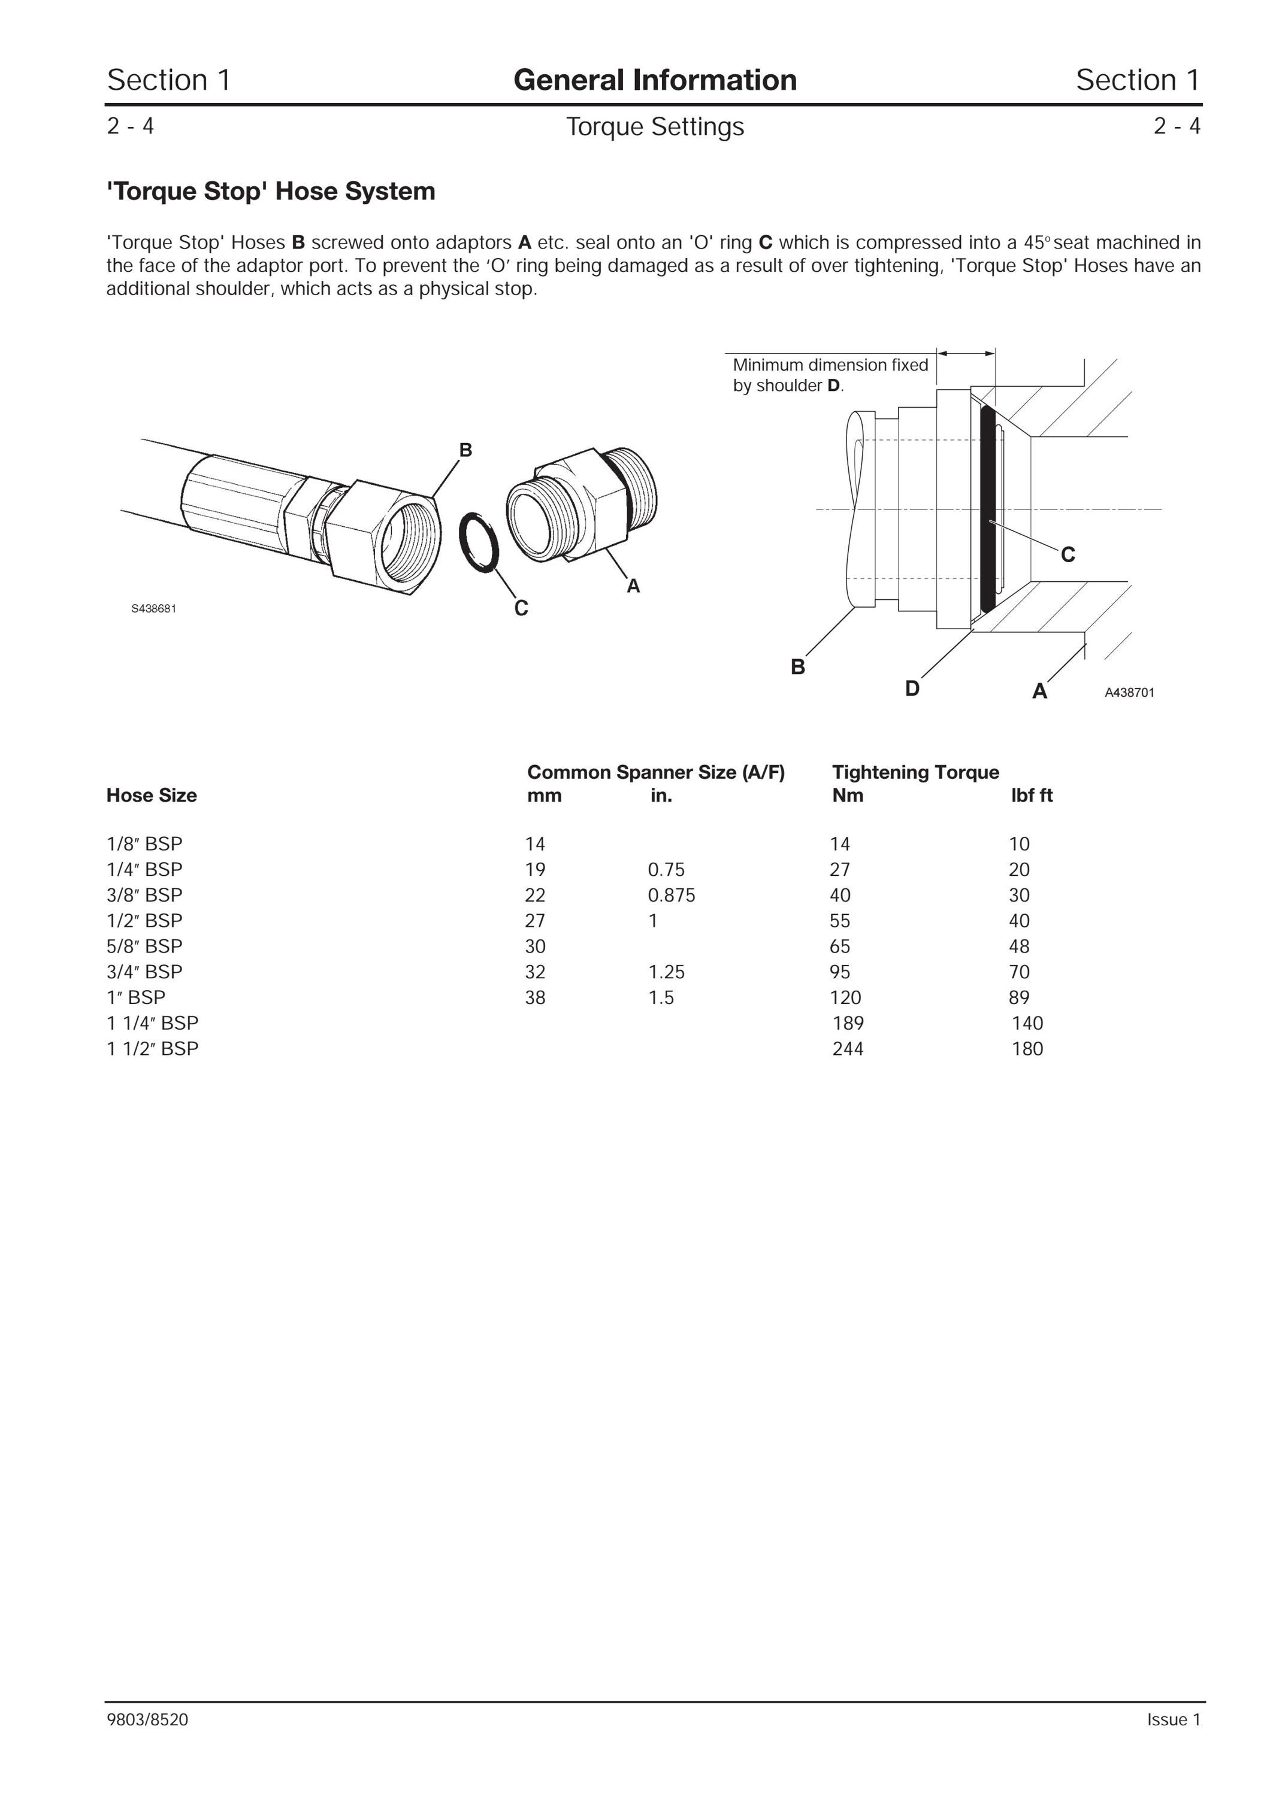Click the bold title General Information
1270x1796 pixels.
coord(655,80)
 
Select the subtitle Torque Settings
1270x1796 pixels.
coord(655,127)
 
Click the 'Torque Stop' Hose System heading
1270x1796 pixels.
coord(271,192)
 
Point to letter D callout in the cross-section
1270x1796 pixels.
coord(912,688)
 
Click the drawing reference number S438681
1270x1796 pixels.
coord(153,609)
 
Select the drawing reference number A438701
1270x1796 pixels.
coord(1129,692)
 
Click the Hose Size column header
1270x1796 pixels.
coord(152,796)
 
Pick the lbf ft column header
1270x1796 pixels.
coord(1032,796)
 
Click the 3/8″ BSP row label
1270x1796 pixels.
coord(145,895)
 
